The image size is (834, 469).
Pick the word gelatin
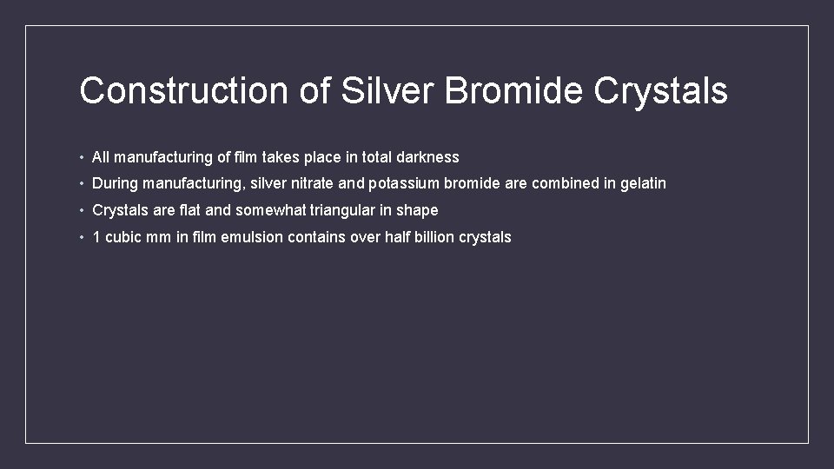(x=643, y=183)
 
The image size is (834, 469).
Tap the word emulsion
(x=252, y=237)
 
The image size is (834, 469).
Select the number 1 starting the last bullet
(x=96, y=237)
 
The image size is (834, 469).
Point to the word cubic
(x=122, y=237)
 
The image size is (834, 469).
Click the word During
(x=115, y=183)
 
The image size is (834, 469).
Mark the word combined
(x=563, y=183)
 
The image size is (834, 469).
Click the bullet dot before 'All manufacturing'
(x=80, y=158)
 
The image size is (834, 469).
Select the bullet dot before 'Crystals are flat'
(x=80, y=211)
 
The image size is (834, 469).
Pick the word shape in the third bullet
(x=418, y=210)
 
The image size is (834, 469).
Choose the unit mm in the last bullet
(x=160, y=237)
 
